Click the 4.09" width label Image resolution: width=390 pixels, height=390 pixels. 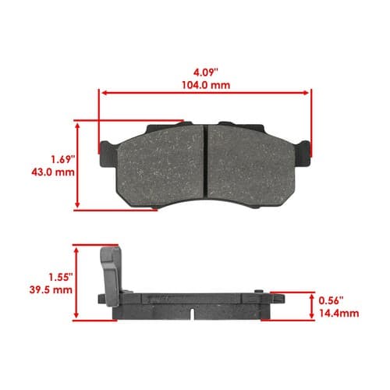[205, 73]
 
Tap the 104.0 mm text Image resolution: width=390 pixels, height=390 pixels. [206, 85]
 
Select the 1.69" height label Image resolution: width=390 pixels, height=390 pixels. [62, 159]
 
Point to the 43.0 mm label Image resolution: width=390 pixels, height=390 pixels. [53, 172]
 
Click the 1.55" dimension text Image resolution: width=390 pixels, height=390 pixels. [61, 277]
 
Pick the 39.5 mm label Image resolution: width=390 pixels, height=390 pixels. [51, 289]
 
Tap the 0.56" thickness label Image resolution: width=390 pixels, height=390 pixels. [331, 301]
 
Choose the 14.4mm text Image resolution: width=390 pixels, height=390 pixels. [339, 314]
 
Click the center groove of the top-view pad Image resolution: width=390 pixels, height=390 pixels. [206, 160]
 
